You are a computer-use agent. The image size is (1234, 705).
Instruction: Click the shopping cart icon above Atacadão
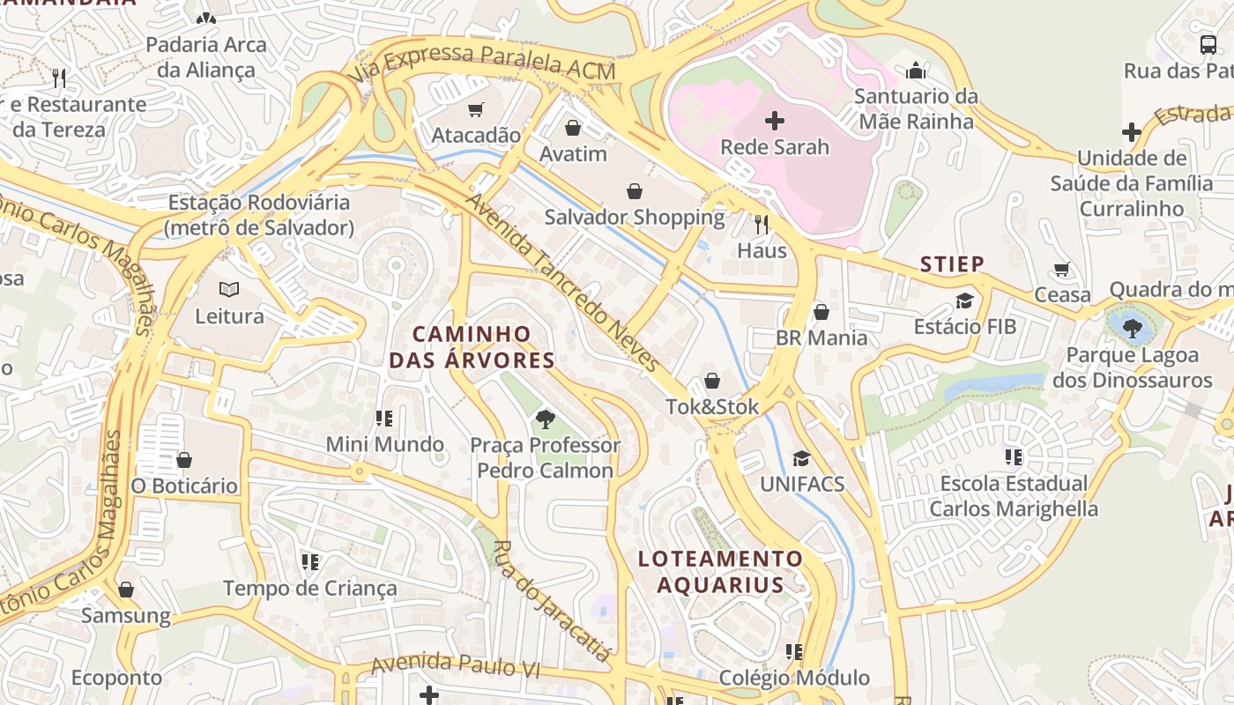(x=476, y=110)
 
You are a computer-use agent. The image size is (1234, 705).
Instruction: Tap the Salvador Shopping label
(x=634, y=217)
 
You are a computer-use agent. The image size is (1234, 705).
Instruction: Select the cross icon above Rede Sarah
(x=775, y=121)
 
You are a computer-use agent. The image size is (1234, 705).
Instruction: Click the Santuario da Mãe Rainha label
(x=917, y=108)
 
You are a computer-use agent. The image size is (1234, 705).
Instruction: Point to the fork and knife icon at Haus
(x=762, y=225)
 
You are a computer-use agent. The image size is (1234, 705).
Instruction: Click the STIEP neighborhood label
(x=952, y=264)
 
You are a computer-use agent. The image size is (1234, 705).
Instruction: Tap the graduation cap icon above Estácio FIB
(x=964, y=301)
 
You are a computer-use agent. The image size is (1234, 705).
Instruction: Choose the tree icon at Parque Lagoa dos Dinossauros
(x=1133, y=329)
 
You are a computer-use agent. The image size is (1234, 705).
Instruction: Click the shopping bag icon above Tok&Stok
(x=712, y=382)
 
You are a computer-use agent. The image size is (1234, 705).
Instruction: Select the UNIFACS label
(x=802, y=484)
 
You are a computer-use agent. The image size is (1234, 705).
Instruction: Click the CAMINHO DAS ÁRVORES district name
(x=472, y=347)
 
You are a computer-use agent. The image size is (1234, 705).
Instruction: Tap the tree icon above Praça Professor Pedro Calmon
(x=545, y=419)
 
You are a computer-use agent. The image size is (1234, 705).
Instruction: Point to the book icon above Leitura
(x=229, y=290)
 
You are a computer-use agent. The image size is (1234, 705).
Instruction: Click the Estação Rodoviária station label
(x=259, y=215)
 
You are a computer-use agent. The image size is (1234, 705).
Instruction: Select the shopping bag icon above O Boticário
(x=184, y=460)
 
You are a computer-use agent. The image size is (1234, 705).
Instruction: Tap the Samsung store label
(x=126, y=615)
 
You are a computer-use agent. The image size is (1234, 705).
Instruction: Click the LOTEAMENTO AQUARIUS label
(x=720, y=571)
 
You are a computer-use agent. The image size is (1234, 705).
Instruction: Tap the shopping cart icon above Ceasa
(x=1063, y=270)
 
